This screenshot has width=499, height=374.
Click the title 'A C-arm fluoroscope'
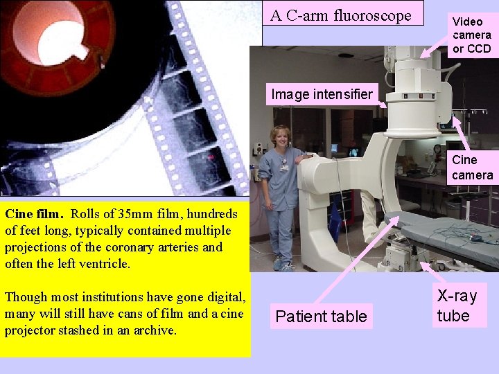(x=342, y=15)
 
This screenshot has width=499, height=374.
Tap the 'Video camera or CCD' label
(x=471, y=35)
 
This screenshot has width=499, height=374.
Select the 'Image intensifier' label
(x=322, y=94)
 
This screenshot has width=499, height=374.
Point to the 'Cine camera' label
(x=472, y=168)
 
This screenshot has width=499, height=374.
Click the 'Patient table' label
(x=321, y=317)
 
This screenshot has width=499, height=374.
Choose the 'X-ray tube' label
(x=457, y=306)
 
